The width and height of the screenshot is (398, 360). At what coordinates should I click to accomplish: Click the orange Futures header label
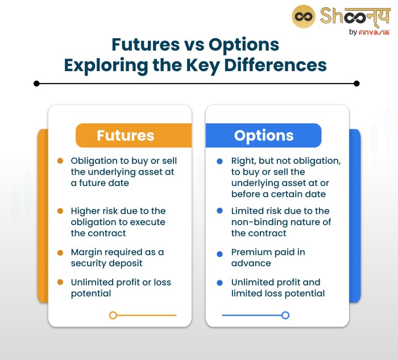[x=126, y=135]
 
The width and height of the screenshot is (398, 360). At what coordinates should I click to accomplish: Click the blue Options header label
[x=264, y=135]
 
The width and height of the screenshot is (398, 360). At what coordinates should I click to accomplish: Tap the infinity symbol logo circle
[x=304, y=17]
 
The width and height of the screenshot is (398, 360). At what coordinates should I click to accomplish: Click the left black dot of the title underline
[x=36, y=83]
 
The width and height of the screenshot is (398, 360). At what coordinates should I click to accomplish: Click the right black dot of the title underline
[x=356, y=83]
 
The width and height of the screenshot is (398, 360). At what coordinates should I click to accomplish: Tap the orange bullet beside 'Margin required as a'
[x=60, y=252]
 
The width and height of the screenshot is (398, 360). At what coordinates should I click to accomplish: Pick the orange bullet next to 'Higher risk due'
[x=60, y=211]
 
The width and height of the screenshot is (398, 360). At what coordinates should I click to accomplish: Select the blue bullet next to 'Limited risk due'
[x=219, y=211]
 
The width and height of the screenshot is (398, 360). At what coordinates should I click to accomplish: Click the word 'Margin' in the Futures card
[x=87, y=252]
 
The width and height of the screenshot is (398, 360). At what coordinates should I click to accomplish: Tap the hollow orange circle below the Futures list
[x=113, y=315]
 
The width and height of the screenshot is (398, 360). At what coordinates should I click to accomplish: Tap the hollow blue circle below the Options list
[x=285, y=315]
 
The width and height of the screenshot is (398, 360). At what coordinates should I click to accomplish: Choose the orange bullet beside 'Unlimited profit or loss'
[x=60, y=283]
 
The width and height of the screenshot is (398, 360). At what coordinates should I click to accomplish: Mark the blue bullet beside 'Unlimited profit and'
[x=219, y=283]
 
